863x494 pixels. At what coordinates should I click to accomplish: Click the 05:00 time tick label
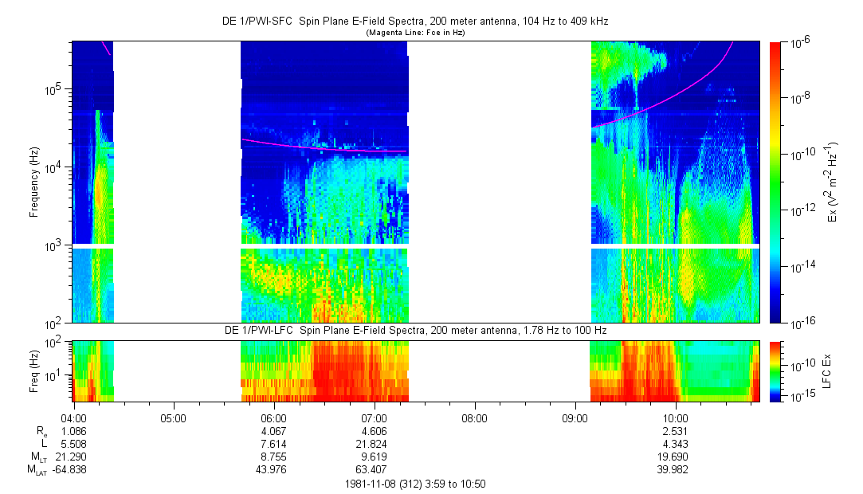pos(173,417)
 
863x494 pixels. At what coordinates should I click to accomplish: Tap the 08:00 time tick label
pos(474,417)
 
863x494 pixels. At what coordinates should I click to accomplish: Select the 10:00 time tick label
pos(676,417)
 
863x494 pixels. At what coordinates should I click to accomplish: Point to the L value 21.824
pos(374,442)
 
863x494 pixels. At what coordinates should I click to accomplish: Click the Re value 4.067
pos(273,429)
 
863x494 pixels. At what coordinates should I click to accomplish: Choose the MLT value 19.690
pos(676,456)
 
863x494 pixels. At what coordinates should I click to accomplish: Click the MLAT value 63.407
pos(374,469)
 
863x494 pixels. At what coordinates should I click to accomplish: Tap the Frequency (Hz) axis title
pos(34,182)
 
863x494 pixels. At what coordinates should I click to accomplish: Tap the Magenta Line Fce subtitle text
pos(414,33)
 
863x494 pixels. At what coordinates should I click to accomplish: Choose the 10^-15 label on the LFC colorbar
pos(801,396)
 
